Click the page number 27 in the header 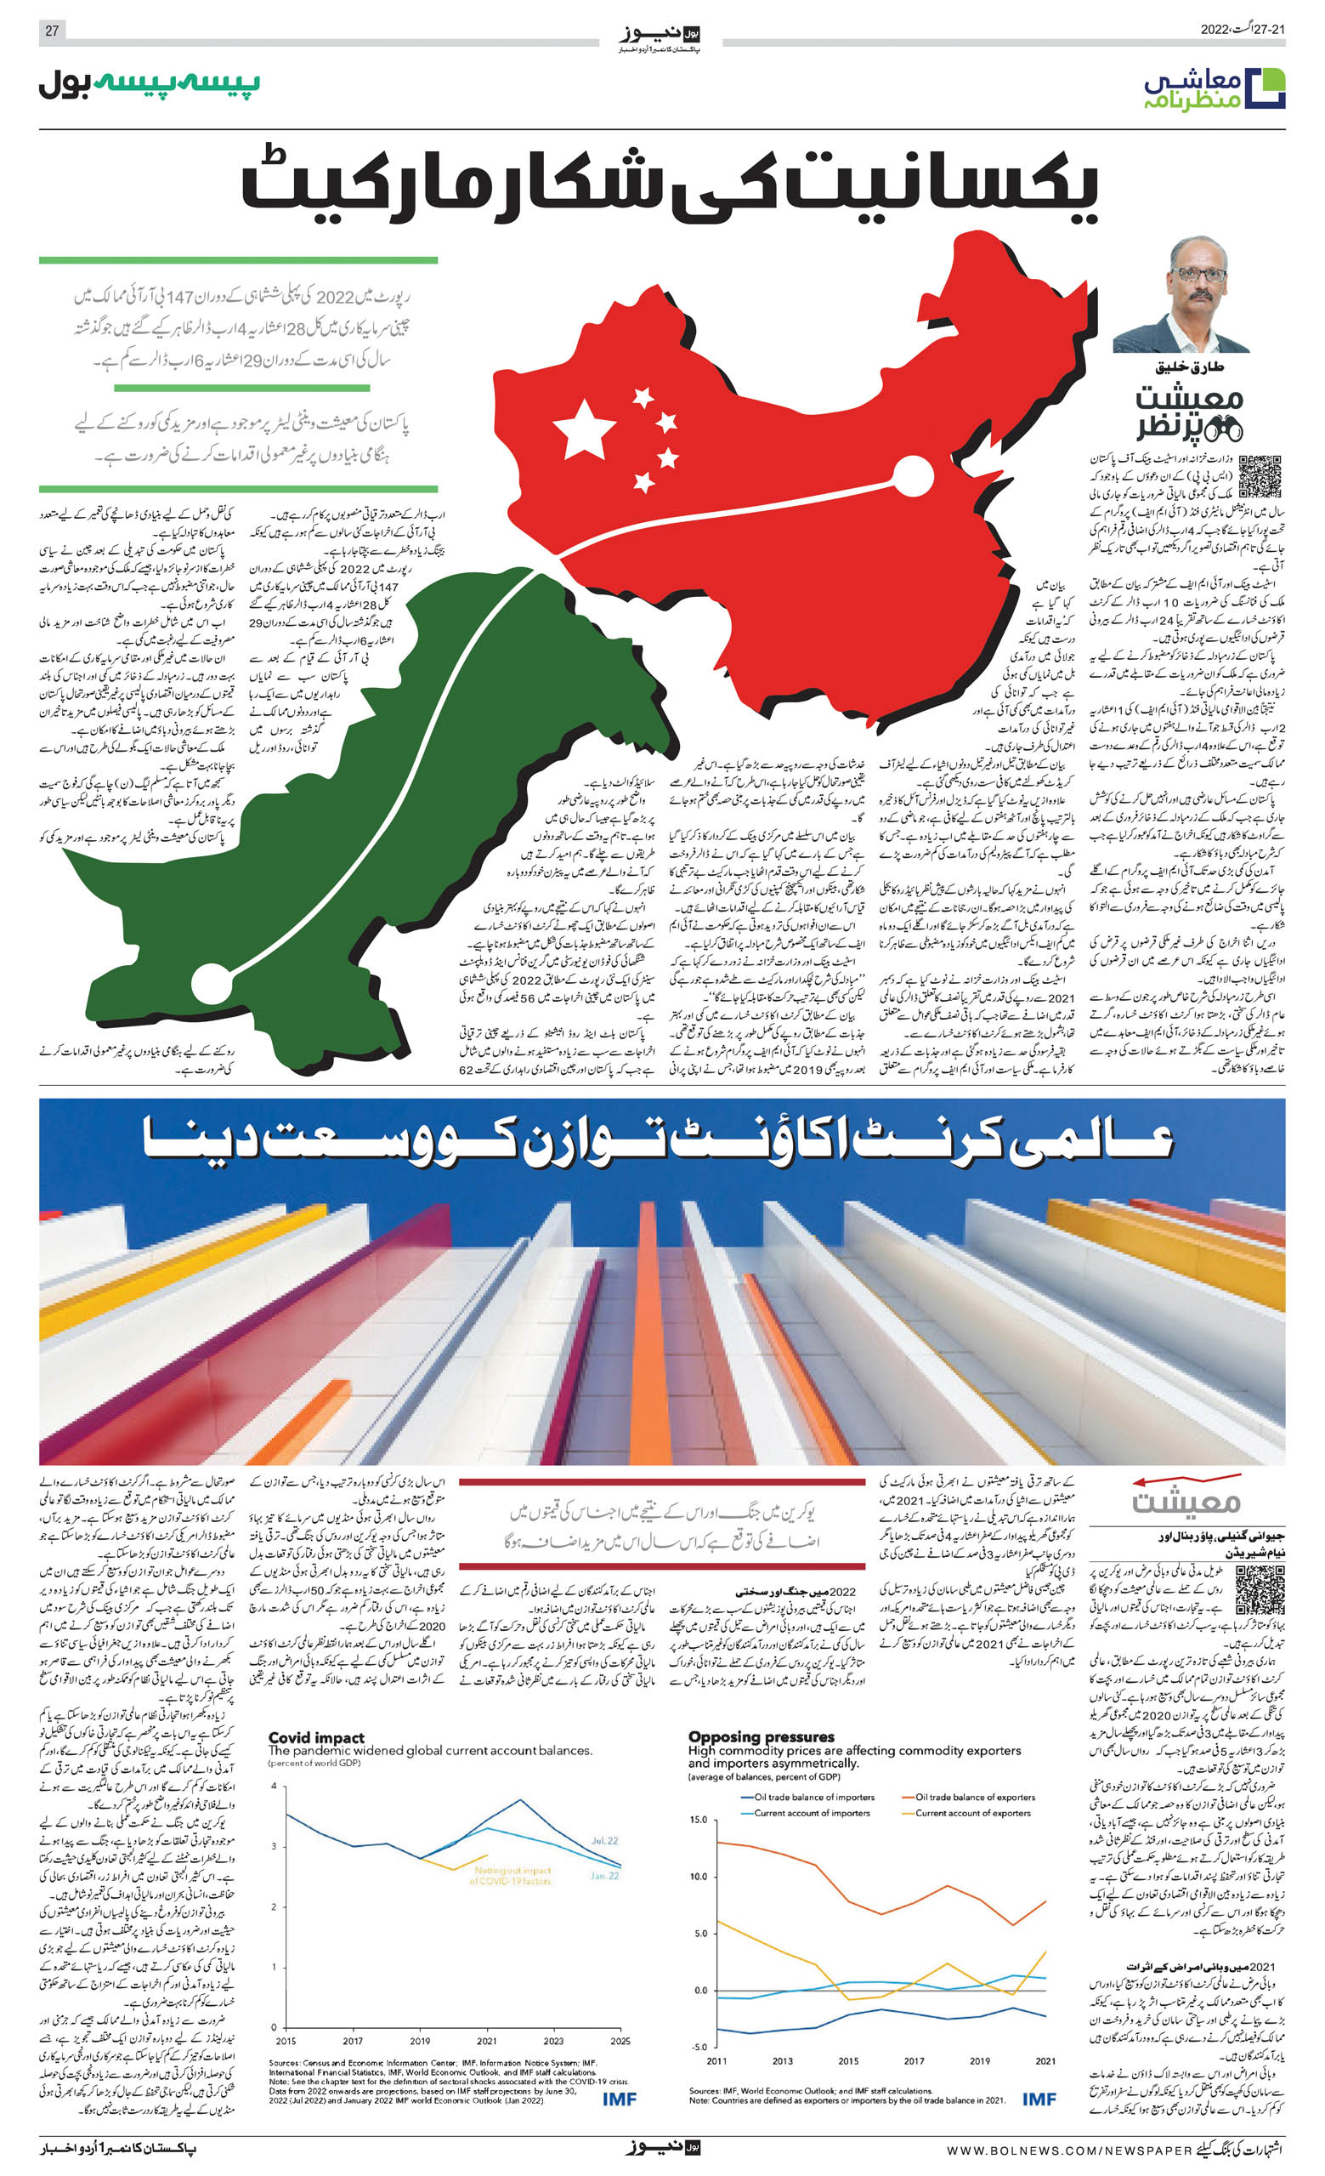click(52, 31)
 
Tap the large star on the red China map click(584, 429)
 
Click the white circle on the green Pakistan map click(211, 983)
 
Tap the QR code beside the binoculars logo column click(1260, 477)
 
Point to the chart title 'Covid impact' click(316, 1738)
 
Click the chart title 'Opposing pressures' click(761, 1737)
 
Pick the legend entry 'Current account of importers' click(812, 1813)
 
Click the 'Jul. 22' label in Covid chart click(604, 1840)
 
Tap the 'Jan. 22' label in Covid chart click(604, 1876)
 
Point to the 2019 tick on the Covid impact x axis click(420, 2041)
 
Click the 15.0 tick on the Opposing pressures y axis click(698, 1820)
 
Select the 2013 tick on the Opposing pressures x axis click(782, 2061)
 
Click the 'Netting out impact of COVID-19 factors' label click(511, 1875)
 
